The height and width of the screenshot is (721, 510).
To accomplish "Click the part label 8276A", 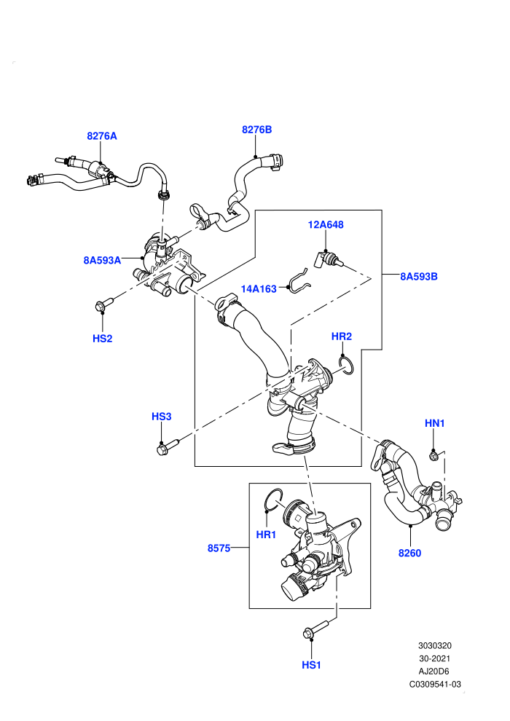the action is click(x=101, y=136).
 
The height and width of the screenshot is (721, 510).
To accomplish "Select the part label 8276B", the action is click(x=256, y=130).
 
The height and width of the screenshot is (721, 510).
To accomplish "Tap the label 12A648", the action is click(x=326, y=225).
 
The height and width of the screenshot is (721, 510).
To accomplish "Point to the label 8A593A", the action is click(x=102, y=260).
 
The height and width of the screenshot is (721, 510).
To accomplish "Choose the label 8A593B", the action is click(x=418, y=276).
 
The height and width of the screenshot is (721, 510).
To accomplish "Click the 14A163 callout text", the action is click(x=259, y=289).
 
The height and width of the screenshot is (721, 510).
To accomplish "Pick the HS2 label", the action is click(x=102, y=339).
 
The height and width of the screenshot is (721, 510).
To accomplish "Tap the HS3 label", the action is click(x=162, y=417).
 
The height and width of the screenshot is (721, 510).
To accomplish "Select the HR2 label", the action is click(x=342, y=336).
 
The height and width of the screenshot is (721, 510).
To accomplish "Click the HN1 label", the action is click(x=434, y=423).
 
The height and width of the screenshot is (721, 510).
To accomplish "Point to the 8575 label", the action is click(x=219, y=548).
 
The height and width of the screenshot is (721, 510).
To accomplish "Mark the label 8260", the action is click(x=409, y=553).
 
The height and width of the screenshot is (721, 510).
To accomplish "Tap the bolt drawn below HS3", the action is click(x=168, y=446).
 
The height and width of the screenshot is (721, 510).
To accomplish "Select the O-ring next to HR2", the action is click(x=346, y=363).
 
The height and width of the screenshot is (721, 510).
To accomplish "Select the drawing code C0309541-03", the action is click(x=435, y=684).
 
